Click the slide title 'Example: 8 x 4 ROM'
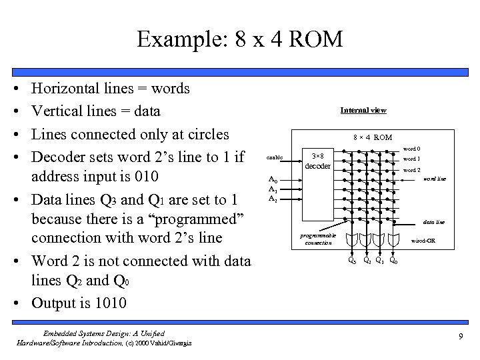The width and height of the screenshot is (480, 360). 239,39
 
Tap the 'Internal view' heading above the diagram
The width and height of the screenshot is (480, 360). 363,110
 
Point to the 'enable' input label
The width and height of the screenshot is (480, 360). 275,158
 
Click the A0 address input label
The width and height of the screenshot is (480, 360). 273,179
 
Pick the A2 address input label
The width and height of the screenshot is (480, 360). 273,199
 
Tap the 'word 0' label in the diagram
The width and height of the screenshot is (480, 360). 411,149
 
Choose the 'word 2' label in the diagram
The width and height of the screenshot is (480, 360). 411,170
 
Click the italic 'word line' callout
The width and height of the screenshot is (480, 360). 434,179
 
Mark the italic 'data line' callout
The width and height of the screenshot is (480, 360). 435,222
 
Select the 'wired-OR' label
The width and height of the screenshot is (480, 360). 423,240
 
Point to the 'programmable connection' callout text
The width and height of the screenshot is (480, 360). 318,240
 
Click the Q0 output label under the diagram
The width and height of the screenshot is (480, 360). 394,261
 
